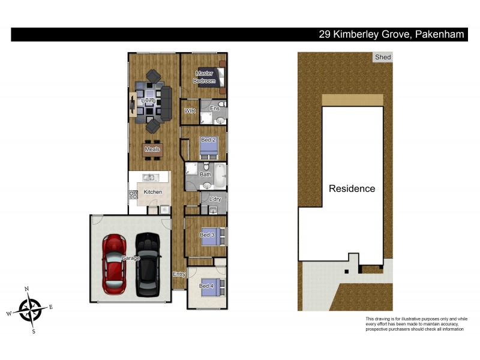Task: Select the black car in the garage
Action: [x=148, y=264]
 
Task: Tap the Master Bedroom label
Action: [x=204, y=77]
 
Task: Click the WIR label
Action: [x=190, y=111]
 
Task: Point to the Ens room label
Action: [x=214, y=108]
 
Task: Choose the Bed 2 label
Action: [x=208, y=140]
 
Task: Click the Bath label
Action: [x=205, y=175]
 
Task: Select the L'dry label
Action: [x=214, y=199]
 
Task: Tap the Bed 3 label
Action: [x=207, y=235]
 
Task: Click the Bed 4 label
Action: [x=206, y=286]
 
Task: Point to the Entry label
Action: [x=179, y=274]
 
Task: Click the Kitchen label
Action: [x=153, y=192]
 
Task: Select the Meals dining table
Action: [x=152, y=149]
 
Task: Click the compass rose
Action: [x=30, y=310]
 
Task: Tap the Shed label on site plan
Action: [x=382, y=58]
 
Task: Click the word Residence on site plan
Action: [x=352, y=188]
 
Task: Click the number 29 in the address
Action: [x=325, y=35]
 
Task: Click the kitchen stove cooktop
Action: [x=133, y=195]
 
